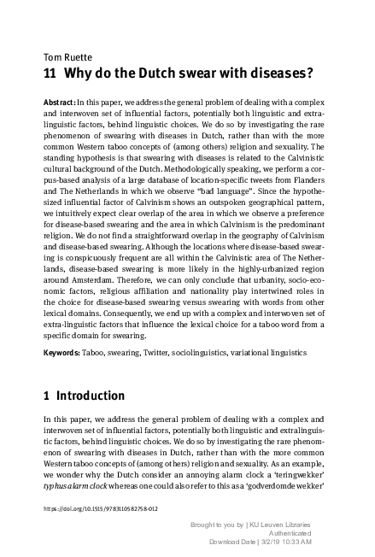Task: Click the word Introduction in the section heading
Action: click(91, 396)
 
